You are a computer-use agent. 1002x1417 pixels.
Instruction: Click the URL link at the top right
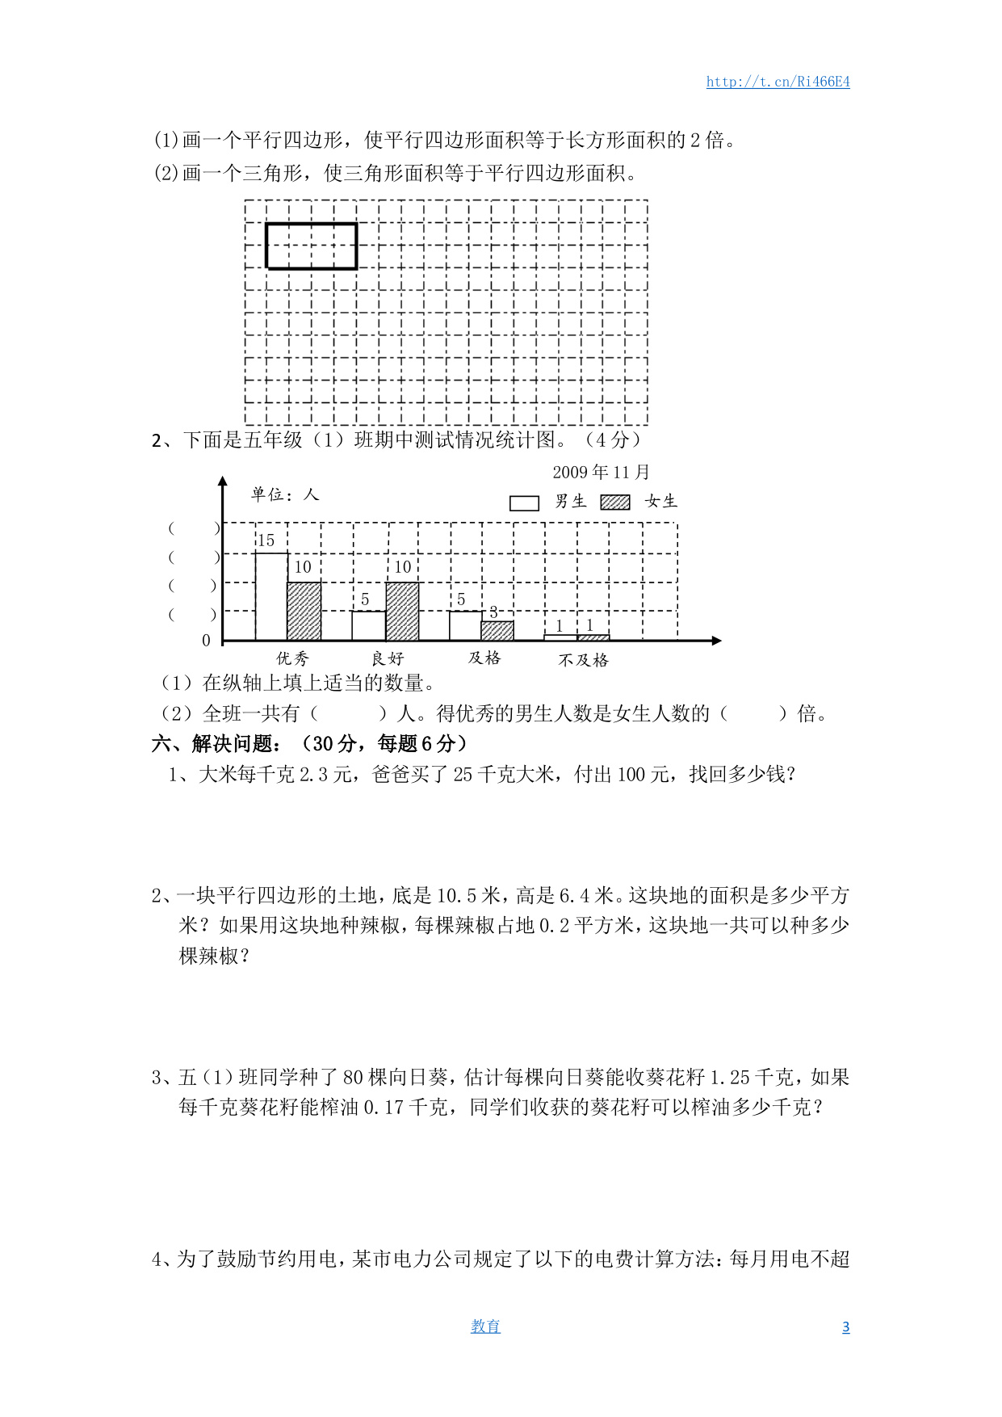[x=778, y=82]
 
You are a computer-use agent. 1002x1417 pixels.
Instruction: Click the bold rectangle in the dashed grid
[x=312, y=246]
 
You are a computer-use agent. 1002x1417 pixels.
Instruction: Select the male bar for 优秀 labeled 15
[x=271, y=596]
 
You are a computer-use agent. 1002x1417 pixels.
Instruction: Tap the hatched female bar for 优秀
[x=304, y=611]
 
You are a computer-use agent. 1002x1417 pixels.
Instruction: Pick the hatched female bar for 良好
[x=402, y=611]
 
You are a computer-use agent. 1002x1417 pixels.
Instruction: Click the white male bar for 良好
[x=368, y=625]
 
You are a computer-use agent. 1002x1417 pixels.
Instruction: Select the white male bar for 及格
[x=465, y=625]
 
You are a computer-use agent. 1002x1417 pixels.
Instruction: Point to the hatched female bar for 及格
[x=497, y=630]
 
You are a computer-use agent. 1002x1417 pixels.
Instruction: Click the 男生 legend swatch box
[x=524, y=502]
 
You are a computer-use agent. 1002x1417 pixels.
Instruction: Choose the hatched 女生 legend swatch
[x=615, y=502]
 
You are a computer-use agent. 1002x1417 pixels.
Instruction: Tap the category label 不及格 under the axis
[x=583, y=660]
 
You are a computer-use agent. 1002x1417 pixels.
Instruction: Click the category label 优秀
[x=292, y=658]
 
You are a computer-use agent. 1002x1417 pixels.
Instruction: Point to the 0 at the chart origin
[x=206, y=641]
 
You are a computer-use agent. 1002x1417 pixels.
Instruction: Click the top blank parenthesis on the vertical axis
[x=194, y=528]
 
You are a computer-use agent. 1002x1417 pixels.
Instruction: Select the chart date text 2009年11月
[x=601, y=472]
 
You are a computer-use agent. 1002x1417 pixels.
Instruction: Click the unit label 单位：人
[x=285, y=494]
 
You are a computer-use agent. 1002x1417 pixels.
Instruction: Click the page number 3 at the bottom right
[x=845, y=1327]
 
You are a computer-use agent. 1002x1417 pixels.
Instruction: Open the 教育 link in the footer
[x=485, y=1327]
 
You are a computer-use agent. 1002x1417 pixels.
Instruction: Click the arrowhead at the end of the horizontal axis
[x=716, y=641]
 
